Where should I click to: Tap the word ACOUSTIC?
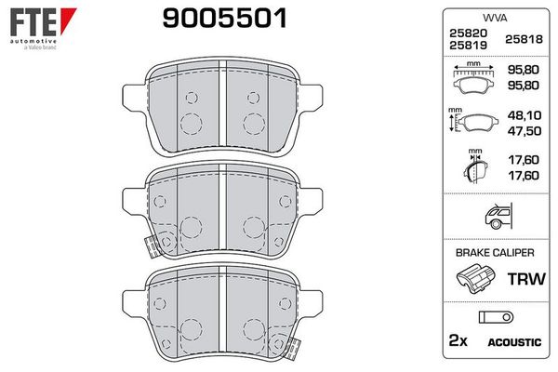pyautogui.click(x=514, y=342)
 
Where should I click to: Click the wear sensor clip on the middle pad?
pyautogui.click(x=151, y=245)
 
